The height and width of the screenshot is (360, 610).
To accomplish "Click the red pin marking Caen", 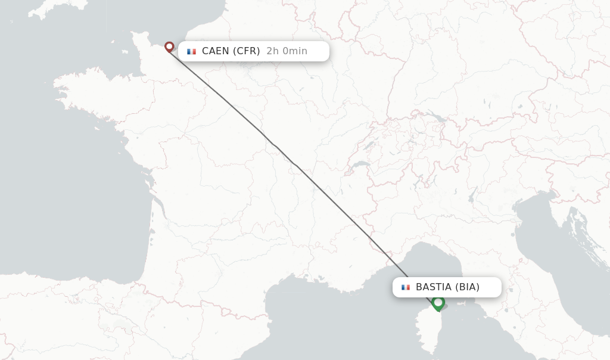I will coord(169,46).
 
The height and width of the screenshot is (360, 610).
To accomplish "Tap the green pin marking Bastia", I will coord(438,303).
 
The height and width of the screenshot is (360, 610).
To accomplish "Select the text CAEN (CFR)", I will coord(231,51).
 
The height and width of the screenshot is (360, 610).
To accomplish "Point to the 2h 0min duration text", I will coord(287,51).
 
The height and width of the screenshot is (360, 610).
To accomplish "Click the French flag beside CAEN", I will coord(191,51).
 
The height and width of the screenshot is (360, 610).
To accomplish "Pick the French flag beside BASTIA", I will coord(406,287).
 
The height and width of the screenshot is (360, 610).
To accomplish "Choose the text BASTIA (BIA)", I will coord(447,287).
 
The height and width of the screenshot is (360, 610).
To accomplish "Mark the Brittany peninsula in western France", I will coord(89,95).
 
